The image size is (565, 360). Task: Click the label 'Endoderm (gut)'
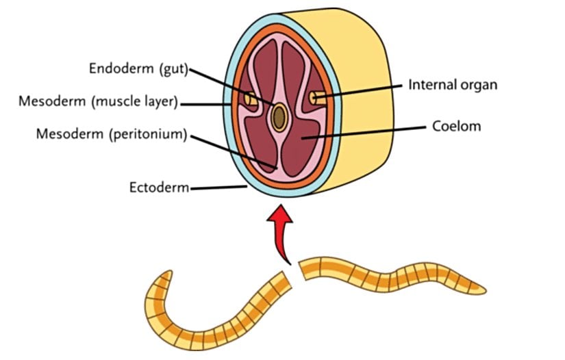(x=138, y=69)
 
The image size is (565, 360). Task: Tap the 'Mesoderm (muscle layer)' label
(x=98, y=103)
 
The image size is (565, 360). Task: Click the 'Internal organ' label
(x=452, y=85)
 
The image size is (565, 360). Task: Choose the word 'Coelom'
(x=457, y=127)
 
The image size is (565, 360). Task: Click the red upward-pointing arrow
(x=282, y=233)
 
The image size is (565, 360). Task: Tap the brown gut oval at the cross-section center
(x=278, y=117)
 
